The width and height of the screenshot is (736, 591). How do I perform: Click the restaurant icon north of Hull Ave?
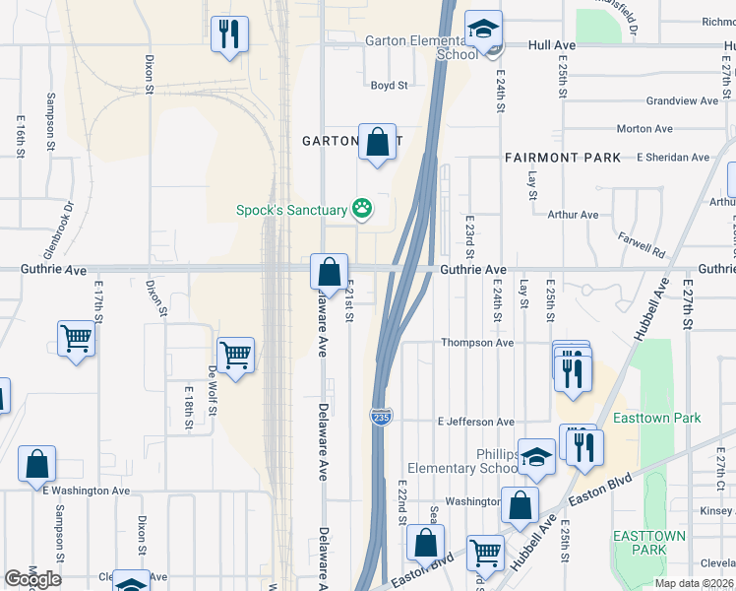(229, 35)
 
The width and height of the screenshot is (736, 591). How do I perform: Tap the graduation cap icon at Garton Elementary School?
(483, 31)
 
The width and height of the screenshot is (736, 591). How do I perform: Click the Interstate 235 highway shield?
(381, 418)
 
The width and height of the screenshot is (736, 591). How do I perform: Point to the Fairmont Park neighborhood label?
(563, 158)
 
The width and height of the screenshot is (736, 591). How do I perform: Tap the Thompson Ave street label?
(477, 343)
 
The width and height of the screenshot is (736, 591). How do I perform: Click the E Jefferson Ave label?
(476, 422)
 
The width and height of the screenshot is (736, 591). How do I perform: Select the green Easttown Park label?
(656, 418)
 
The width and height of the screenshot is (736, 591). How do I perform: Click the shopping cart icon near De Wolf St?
(235, 355)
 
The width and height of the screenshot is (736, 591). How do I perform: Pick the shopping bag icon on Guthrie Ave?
(329, 271)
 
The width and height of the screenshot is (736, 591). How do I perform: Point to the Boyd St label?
(389, 86)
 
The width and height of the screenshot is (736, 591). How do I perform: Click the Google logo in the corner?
(32, 579)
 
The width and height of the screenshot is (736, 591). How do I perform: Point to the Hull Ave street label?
(551, 45)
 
